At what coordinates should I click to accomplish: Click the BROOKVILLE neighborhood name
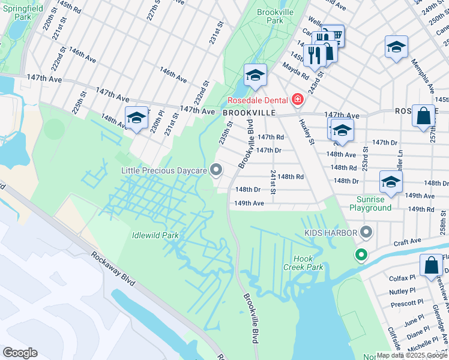[249, 112]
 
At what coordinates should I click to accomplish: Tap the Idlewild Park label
[155, 235]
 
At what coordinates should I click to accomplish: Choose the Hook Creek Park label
[308, 263]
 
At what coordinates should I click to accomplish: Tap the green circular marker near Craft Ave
[361, 255]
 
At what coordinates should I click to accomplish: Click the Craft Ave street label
[408, 242]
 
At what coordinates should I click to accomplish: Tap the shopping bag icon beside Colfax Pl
[431, 266]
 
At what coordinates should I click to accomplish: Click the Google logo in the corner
[20, 353]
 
